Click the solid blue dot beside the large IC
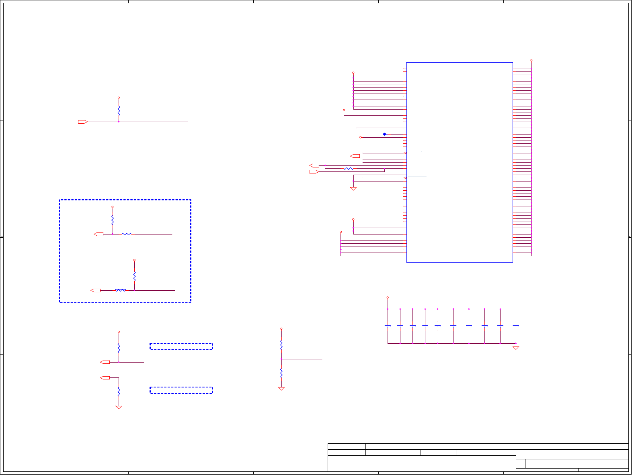(x=384, y=134)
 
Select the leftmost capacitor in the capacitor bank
(x=388, y=326)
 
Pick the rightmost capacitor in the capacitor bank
(x=516, y=326)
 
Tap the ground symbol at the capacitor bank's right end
(x=516, y=348)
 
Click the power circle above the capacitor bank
(x=388, y=298)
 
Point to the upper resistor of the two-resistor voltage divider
(x=281, y=345)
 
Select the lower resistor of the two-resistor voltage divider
(x=281, y=373)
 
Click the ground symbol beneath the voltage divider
(x=281, y=389)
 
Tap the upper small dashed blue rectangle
(x=181, y=347)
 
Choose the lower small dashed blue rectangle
(x=181, y=390)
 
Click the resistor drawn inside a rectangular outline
(x=121, y=290)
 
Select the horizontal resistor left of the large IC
(x=349, y=169)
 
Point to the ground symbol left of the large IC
(x=353, y=189)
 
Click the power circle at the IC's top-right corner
(x=531, y=60)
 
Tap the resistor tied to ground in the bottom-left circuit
(x=119, y=392)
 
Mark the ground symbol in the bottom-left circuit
(x=119, y=408)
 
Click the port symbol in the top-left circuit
(x=83, y=122)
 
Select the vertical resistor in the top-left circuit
(x=119, y=110)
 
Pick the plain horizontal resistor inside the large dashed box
(x=127, y=234)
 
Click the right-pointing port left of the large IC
(x=314, y=172)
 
